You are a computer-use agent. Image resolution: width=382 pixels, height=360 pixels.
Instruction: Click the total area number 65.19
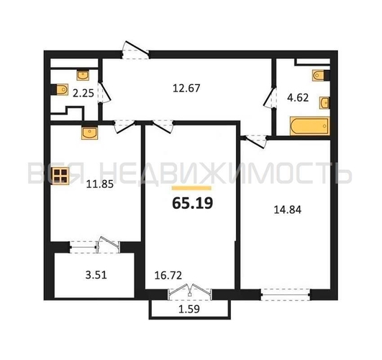193,203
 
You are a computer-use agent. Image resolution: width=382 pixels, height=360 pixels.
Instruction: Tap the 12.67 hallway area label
186,88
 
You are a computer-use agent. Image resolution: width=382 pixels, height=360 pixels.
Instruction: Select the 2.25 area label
83,93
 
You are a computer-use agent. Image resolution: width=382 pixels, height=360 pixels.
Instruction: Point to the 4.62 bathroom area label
298,98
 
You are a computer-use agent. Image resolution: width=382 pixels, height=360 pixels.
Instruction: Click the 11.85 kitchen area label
100,184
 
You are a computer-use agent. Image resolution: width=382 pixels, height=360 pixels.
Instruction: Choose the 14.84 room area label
288,210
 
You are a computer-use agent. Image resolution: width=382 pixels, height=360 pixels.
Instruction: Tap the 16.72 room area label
168,276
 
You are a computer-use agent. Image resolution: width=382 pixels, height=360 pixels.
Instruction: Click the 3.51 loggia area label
96,275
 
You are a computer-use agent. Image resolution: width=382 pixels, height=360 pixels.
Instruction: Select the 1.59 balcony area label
189,309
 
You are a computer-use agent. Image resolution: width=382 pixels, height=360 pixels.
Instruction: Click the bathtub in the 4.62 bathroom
309,126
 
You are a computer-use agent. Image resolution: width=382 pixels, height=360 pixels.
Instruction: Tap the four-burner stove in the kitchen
60,176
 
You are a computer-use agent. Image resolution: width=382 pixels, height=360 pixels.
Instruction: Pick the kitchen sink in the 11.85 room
89,133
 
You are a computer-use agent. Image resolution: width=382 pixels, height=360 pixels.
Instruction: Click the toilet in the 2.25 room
60,89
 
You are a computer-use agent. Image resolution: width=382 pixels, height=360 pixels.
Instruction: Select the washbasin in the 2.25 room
83,75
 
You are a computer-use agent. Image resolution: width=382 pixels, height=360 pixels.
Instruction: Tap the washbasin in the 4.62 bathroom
324,103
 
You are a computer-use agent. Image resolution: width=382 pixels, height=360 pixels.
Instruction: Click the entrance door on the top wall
135,50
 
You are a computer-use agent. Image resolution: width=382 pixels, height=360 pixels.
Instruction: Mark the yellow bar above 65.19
191,188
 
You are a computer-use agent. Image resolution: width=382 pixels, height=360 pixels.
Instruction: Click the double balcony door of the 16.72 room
189,292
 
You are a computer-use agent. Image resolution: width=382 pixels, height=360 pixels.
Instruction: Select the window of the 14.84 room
286,294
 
